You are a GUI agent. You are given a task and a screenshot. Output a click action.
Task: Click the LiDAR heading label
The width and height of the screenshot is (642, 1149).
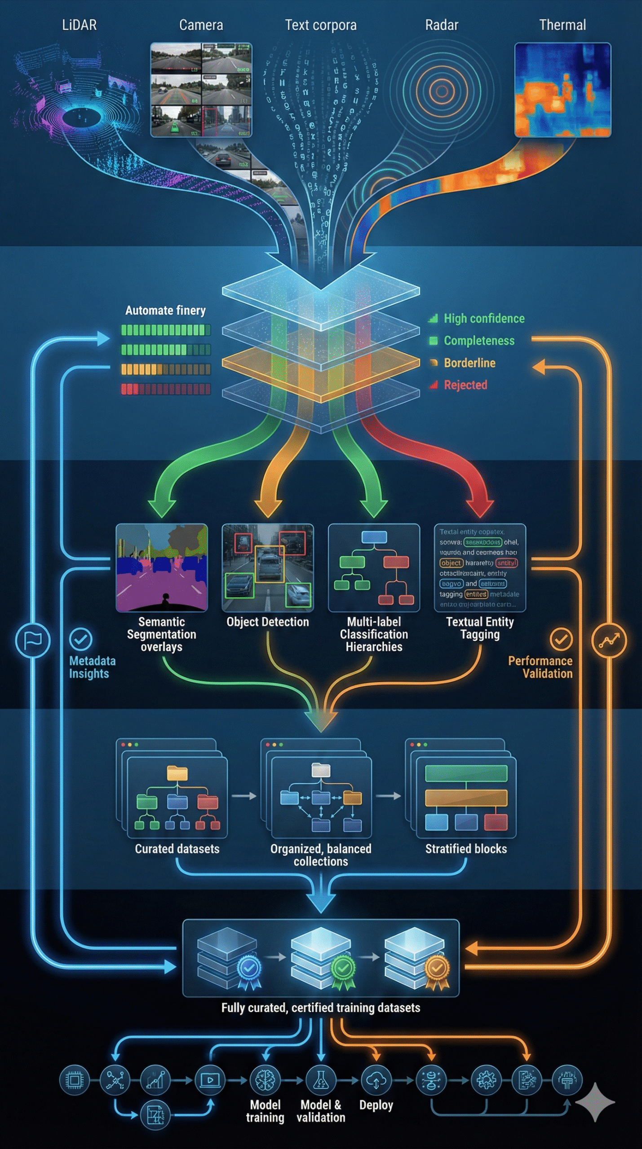click(x=79, y=25)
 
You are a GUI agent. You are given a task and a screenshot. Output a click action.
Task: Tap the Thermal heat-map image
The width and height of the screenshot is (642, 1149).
click(x=562, y=90)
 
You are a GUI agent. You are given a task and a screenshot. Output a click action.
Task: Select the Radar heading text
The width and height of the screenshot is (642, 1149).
click(x=442, y=25)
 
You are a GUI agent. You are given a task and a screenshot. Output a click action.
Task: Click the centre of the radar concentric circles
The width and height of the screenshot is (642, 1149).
click(x=442, y=91)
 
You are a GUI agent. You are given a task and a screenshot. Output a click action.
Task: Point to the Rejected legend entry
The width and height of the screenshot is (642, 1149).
click(x=465, y=385)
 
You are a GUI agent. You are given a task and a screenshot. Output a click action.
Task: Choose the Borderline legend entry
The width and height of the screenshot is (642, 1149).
click(x=469, y=363)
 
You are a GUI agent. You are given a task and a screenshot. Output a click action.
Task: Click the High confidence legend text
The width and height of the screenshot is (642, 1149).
click(x=484, y=319)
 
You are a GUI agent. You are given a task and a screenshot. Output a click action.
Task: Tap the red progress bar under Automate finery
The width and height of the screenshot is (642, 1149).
click(x=165, y=389)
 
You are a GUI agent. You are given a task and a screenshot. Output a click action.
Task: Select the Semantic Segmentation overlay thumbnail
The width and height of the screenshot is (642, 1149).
click(x=162, y=567)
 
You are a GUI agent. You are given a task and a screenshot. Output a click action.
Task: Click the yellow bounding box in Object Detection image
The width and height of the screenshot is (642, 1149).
click(x=270, y=564)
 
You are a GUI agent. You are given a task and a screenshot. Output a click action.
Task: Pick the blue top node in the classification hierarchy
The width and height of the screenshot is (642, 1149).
click(x=374, y=537)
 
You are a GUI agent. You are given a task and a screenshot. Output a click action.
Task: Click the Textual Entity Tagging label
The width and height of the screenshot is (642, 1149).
click(x=480, y=628)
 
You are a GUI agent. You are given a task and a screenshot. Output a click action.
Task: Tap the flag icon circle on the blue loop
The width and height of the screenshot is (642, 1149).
click(x=33, y=640)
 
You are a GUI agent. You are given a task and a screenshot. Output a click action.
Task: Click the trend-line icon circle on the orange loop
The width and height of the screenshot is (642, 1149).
click(x=609, y=640)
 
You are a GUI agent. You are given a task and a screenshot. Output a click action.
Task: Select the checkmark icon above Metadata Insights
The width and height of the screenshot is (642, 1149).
click(x=81, y=639)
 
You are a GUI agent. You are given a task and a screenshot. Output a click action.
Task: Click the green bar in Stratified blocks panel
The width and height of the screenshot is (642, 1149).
click(x=466, y=773)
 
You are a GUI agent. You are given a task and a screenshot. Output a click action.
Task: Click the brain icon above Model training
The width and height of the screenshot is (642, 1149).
click(x=265, y=1080)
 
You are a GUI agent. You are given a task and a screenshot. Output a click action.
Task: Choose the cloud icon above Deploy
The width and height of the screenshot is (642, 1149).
click(x=376, y=1080)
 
